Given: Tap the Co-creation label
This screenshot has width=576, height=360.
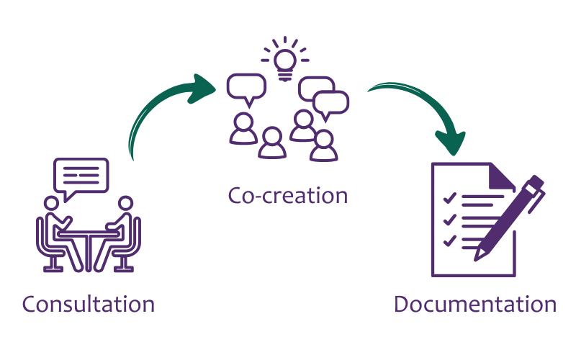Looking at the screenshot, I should [288, 195].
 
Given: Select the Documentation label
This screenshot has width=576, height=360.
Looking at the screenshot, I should [475, 304].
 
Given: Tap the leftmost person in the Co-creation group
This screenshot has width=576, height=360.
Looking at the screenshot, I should [242, 130].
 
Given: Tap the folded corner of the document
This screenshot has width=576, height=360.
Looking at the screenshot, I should [500, 176].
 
